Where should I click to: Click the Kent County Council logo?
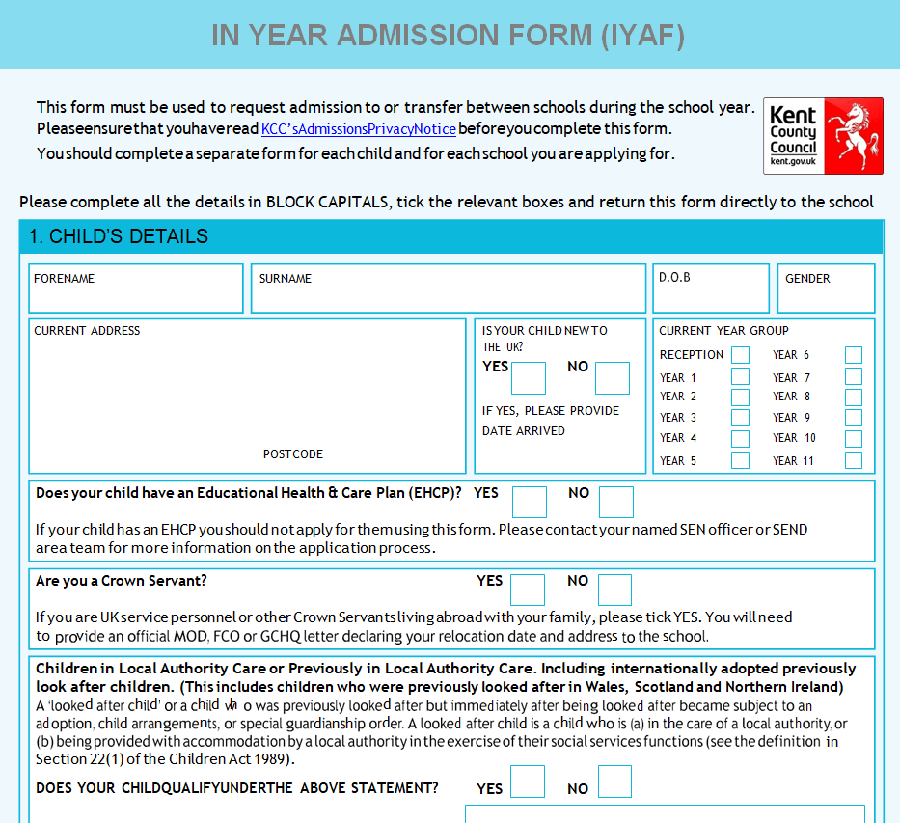tap(822, 135)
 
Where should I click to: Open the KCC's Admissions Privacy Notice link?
tap(358, 129)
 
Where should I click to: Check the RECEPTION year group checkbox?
tap(740, 355)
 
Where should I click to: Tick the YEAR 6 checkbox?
tap(854, 355)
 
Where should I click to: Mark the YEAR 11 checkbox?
tap(854, 460)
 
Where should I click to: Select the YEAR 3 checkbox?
tap(740, 418)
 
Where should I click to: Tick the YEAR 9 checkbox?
tap(854, 418)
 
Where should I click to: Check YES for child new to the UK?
tap(529, 378)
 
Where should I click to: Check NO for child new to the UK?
tap(613, 378)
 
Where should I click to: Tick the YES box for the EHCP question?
tap(530, 502)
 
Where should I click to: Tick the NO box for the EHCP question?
tap(616, 502)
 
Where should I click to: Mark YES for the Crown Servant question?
tap(528, 590)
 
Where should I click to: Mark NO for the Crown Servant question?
tap(614, 590)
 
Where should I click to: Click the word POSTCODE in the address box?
tap(293, 454)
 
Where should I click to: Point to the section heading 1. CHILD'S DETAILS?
tap(119, 236)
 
